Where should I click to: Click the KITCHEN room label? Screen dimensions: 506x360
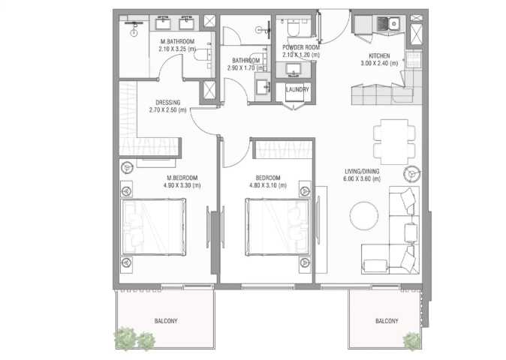tap(379, 55)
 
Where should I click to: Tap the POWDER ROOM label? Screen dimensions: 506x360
tap(301, 47)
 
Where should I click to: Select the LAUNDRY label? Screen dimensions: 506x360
tap(297, 89)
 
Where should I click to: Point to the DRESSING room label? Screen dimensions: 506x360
tap(168, 103)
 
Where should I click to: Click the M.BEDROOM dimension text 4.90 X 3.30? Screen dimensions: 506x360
tap(182, 185)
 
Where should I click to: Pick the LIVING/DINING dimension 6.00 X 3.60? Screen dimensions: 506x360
tap(362, 178)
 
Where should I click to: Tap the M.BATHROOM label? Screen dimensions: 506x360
tap(177, 41)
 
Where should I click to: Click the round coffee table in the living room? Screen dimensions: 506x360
tap(364, 215)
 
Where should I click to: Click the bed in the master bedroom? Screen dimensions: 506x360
tap(153, 227)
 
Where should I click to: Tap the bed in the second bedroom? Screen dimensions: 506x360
tap(278, 227)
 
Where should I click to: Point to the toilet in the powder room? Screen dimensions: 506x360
tap(294, 28)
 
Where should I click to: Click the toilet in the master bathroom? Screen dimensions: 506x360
tap(203, 54)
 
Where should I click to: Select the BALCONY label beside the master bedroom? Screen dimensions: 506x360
tap(166, 321)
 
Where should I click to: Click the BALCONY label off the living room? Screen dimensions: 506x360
tap(387, 321)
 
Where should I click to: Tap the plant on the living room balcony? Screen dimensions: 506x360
tap(412, 341)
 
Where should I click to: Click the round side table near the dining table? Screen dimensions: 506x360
tap(411, 174)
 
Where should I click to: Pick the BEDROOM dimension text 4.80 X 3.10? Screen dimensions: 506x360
tap(268, 185)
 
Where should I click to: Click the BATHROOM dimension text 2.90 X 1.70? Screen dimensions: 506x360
tap(246, 68)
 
